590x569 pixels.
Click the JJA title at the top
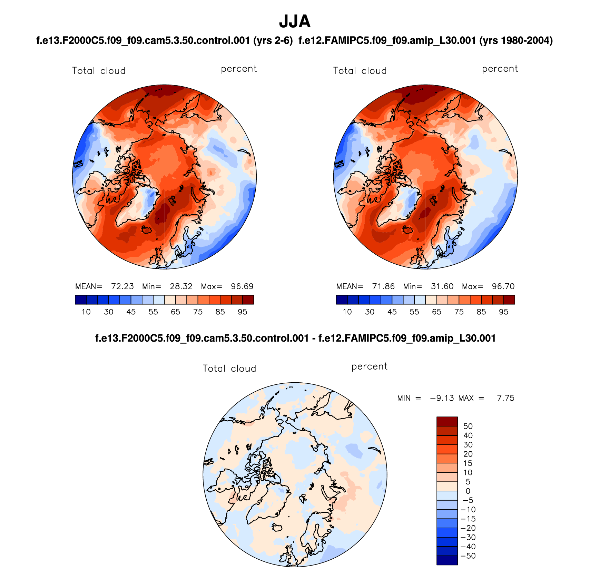[295, 21]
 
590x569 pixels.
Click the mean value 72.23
[122, 286]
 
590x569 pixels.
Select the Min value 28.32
[181, 286]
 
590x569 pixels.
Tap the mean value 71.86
[383, 286]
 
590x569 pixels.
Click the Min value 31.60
[442, 286]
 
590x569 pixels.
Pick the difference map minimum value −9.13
[442, 398]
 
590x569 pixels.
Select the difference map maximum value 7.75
[505, 398]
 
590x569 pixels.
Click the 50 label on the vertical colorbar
[468, 426]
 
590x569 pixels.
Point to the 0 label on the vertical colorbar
[468, 491]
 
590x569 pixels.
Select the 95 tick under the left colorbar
[243, 312]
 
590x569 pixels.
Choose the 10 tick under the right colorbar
[347, 312]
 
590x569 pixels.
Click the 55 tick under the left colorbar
[153, 312]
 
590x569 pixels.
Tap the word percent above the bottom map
[369, 366]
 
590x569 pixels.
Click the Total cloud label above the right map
[360, 71]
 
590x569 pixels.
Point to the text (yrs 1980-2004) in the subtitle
[516, 41]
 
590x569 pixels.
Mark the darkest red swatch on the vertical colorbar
[447, 421]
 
